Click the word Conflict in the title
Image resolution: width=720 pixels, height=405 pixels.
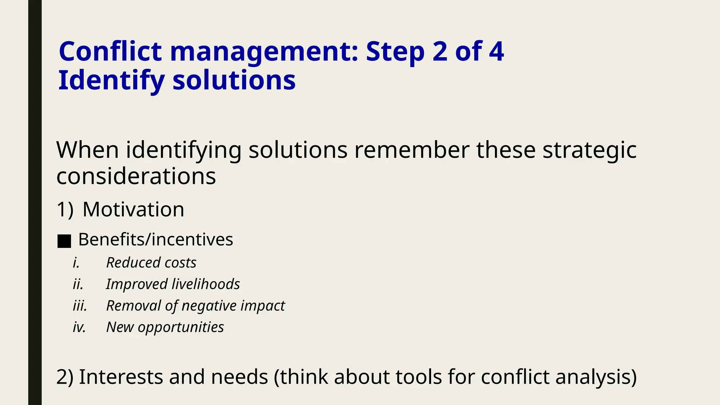(110, 52)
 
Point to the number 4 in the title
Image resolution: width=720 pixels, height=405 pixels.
(496, 52)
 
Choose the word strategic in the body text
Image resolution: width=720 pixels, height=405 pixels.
(590, 150)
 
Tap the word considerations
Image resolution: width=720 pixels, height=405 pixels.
(136, 176)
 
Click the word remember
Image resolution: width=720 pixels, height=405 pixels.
(412, 150)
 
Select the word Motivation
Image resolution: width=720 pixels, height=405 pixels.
(133, 210)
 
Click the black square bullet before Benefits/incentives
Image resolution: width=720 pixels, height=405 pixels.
(64, 241)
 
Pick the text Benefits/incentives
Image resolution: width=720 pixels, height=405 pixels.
(155, 240)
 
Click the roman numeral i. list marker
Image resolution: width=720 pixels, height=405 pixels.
(76, 263)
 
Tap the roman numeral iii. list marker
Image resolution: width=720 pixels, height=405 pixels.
(80, 306)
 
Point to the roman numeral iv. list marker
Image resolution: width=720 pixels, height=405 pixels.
(79, 327)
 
